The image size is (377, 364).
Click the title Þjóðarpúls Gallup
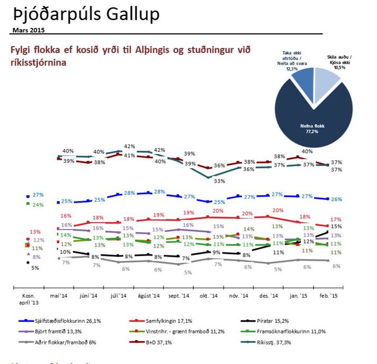point(85,14)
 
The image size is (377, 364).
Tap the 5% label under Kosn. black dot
point(35,267)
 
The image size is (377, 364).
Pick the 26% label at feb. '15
point(336,199)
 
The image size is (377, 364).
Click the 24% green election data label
point(38,204)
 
